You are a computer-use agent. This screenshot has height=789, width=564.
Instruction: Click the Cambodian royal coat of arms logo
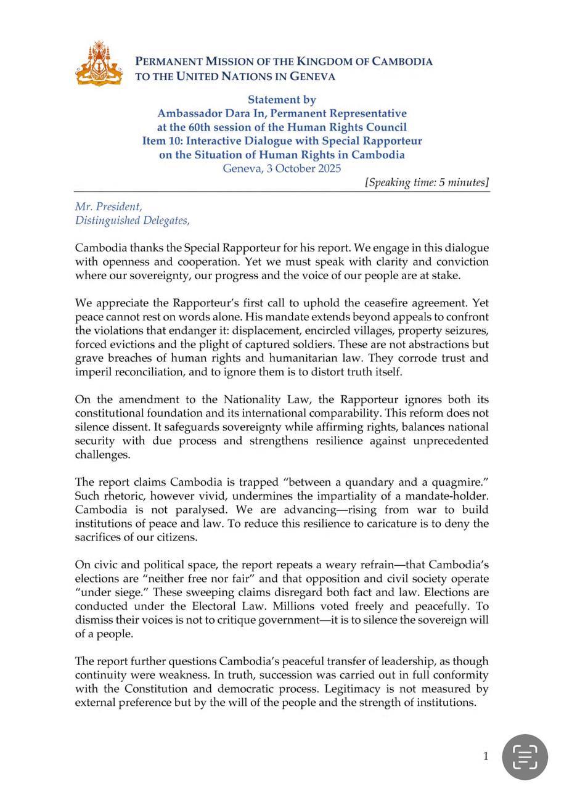click(99, 63)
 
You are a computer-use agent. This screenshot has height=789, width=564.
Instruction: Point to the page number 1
click(486, 756)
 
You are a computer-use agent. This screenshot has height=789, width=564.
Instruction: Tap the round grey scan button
click(525, 756)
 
